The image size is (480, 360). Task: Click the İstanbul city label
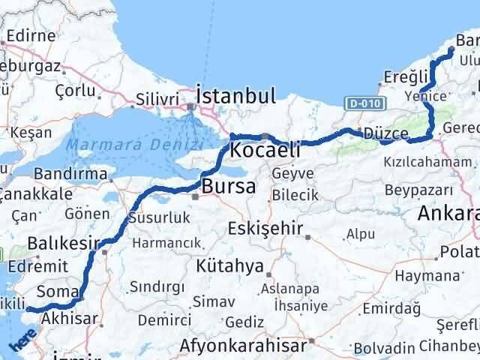click(x=235, y=96)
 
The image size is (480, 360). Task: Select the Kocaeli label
click(x=265, y=150)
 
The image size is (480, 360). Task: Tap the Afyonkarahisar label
click(x=243, y=346)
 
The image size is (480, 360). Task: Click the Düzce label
click(x=387, y=133)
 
